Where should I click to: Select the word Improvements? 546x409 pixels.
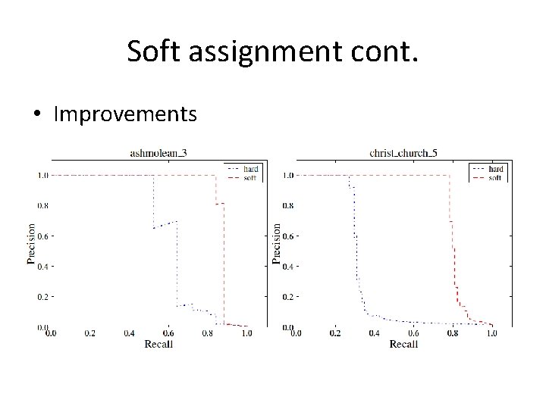coord(126,114)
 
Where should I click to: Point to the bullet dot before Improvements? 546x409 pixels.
coord(37,115)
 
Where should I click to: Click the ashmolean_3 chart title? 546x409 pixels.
coord(158,153)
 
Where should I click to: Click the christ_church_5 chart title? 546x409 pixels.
coord(403,153)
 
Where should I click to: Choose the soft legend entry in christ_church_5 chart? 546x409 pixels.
coord(495,177)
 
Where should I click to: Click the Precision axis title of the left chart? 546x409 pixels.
coord(32,243)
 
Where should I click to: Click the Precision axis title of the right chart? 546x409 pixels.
coord(277,243)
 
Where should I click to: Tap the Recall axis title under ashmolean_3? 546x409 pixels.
coord(158,344)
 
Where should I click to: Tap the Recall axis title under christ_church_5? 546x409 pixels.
coord(403,344)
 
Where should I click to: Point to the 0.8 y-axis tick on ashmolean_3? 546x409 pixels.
coord(43,205)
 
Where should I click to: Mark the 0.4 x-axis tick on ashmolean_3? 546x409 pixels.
coord(129,333)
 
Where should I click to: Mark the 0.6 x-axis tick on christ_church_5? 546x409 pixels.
coord(413,333)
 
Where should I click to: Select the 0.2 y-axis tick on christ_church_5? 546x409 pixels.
coord(288,297)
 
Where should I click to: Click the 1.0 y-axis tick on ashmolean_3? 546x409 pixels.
coord(43,175)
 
